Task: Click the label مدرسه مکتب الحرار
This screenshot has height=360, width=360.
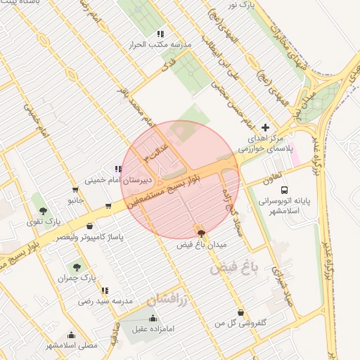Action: [160, 44]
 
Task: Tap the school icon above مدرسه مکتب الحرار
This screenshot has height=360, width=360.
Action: [161, 33]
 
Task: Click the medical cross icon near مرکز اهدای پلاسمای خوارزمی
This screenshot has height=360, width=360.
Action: [264, 127]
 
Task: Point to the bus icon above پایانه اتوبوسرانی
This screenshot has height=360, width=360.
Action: [284, 190]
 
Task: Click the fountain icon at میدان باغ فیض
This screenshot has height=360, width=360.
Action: [202, 233]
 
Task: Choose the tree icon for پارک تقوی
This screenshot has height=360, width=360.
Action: [44, 210]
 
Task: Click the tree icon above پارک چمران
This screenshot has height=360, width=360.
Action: [77, 267]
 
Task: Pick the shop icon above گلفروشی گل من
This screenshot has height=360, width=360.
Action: [241, 313]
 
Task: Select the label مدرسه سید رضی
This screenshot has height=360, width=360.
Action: [105, 301]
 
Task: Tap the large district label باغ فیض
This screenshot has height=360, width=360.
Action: [234, 266]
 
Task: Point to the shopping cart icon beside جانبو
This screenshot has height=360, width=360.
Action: [75, 190]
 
